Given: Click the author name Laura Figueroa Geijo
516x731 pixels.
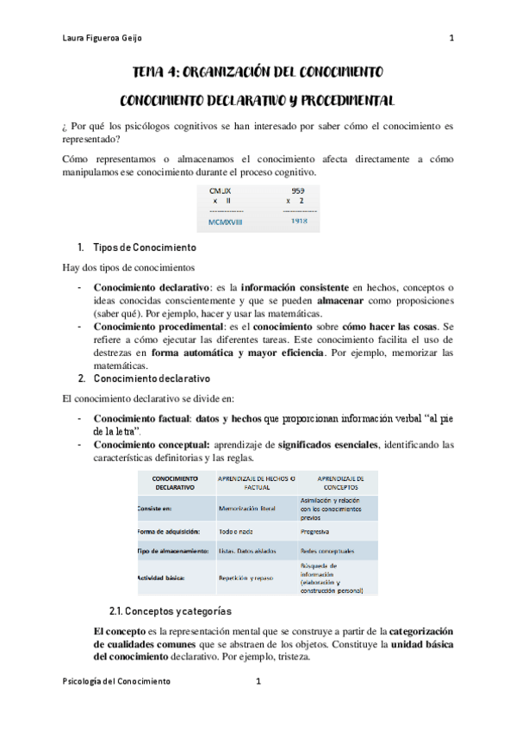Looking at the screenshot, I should click(104, 39).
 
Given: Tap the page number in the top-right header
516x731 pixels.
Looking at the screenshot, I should click(451, 39).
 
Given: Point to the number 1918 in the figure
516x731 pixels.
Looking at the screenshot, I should click(298, 222).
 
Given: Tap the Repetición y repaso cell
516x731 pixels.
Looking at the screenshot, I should click(246, 578).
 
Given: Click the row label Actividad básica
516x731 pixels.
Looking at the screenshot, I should click(161, 578).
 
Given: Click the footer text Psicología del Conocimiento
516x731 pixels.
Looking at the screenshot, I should click(117, 681).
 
